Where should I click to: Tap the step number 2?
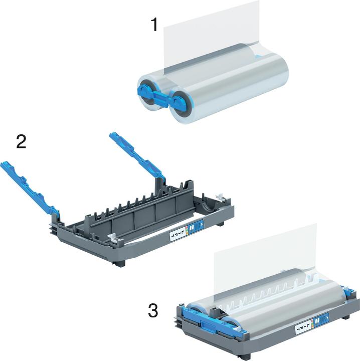pos(21,141)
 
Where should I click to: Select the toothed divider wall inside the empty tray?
pos(130,211)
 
